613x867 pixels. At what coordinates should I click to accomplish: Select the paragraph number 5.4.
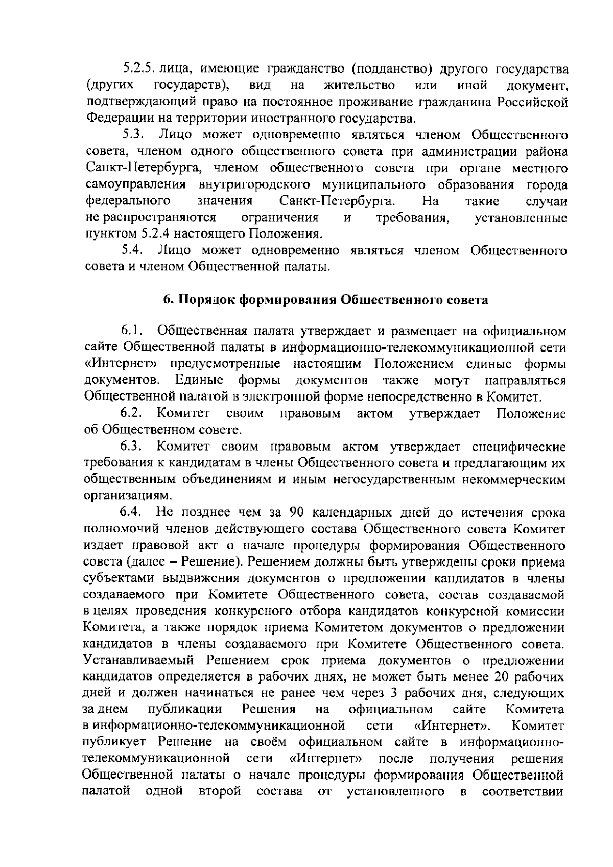click(133, 250)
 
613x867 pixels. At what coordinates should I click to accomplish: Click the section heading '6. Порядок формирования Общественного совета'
click(325, 300)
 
